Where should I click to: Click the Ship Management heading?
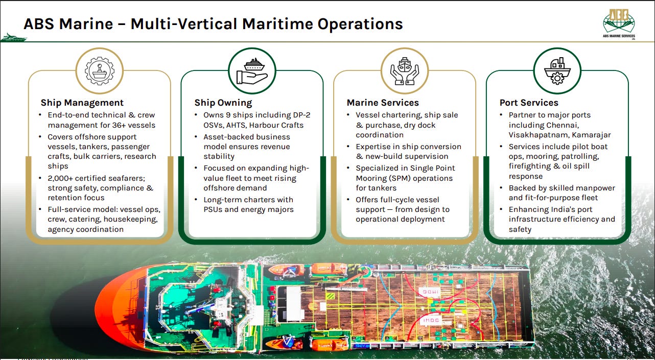[82, 103]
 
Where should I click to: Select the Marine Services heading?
[383, 103]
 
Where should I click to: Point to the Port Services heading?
[529, 103]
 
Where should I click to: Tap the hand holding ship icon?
[252, 71]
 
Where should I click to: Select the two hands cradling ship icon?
[405, 71]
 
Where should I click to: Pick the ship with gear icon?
[557, 71]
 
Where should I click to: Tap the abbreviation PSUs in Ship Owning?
[215, 209]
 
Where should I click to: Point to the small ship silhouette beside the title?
[13, 37]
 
